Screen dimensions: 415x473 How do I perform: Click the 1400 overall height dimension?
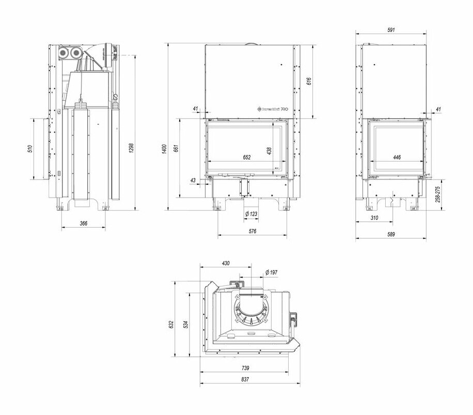pyautogui.click(x=164, y=150)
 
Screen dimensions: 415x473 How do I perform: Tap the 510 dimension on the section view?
pyautogui.click(x=30, y=149)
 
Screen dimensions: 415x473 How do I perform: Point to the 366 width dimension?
pyautogui.click(x=84, y=223)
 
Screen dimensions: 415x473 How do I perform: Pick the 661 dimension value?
pyautogui.click(x=176, y=149)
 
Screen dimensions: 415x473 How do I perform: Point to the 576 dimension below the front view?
pyautogui.click(x=253, y=231)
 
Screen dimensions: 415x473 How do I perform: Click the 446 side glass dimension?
pyautogui.click(x=397, y=158)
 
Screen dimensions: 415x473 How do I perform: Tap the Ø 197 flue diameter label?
pyautogui.click(x=271, y=272)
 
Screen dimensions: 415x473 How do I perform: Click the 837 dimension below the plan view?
pyautogui.click(x=245, y=380)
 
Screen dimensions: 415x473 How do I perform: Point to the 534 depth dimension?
pyautogui.click(x=186, y=324)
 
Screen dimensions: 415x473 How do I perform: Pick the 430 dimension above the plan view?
pyautogui.click(x=226, y=263)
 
